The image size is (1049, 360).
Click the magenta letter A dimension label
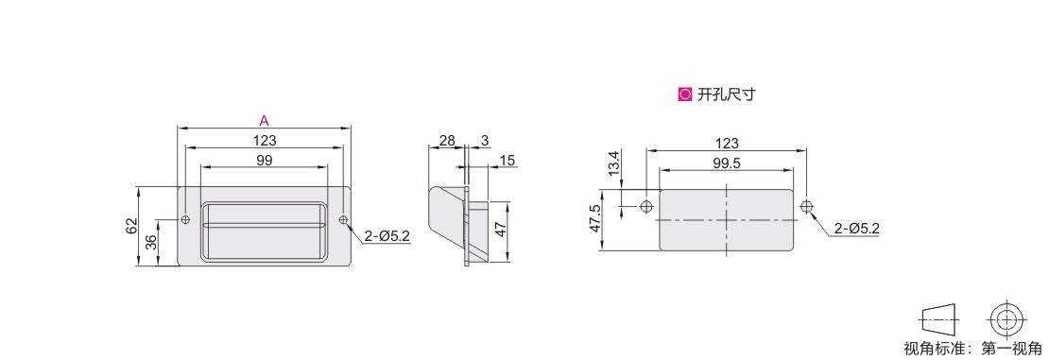[265, 121]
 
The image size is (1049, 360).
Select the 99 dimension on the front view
[265, 160]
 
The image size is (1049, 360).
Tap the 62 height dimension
[131, 226]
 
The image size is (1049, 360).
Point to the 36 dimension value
[152, 242]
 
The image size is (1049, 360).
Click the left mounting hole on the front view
[185, 219]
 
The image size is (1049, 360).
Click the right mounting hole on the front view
[343, 219]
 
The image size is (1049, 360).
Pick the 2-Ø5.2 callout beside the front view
[387, 235]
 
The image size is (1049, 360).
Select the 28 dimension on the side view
[447, 141]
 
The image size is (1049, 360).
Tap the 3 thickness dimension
[485, 141]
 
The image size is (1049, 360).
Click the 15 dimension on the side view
[507, 160]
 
